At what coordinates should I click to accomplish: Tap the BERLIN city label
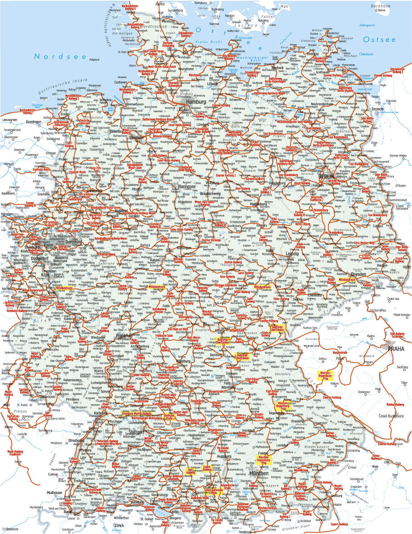327,176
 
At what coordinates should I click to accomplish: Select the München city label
258,474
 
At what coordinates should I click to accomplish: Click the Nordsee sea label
54,56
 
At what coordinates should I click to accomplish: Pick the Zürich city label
119,525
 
